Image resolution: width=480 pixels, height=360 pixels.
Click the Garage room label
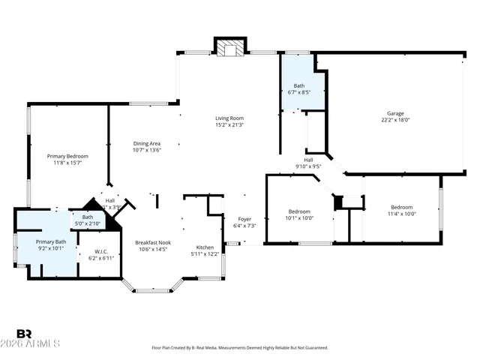pos(394,113)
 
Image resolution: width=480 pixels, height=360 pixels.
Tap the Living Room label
pos(229,118)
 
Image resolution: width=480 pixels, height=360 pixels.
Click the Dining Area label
pos(147,143)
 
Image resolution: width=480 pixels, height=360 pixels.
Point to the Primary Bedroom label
pos(67,156)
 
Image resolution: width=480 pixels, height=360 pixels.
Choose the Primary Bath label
pos(51,241)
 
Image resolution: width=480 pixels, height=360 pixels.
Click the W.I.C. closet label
pos(100,251)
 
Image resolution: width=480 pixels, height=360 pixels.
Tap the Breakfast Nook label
pos(153,242)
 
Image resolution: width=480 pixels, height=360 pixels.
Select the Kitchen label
pos(205,247)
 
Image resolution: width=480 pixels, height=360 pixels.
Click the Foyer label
pos(244,219)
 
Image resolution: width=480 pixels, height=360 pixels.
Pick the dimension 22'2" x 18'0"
pos(394,120)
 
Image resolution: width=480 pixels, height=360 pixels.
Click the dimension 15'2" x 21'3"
pos(229,124)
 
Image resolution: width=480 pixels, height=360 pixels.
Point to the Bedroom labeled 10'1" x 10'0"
pos(299,211)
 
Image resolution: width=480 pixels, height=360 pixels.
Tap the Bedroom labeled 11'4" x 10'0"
pos(401,207)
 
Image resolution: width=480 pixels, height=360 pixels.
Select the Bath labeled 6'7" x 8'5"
pos(298,85)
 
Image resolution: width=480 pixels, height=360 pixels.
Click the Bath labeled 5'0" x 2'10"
pos(88,217)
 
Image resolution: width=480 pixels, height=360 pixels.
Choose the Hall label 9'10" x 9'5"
pos(307,159)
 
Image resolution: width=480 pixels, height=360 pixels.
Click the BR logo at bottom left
pos(24,334)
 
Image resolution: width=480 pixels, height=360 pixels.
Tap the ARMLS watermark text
pos(38,343)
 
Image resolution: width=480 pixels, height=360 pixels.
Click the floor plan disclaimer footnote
pos(240,348)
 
